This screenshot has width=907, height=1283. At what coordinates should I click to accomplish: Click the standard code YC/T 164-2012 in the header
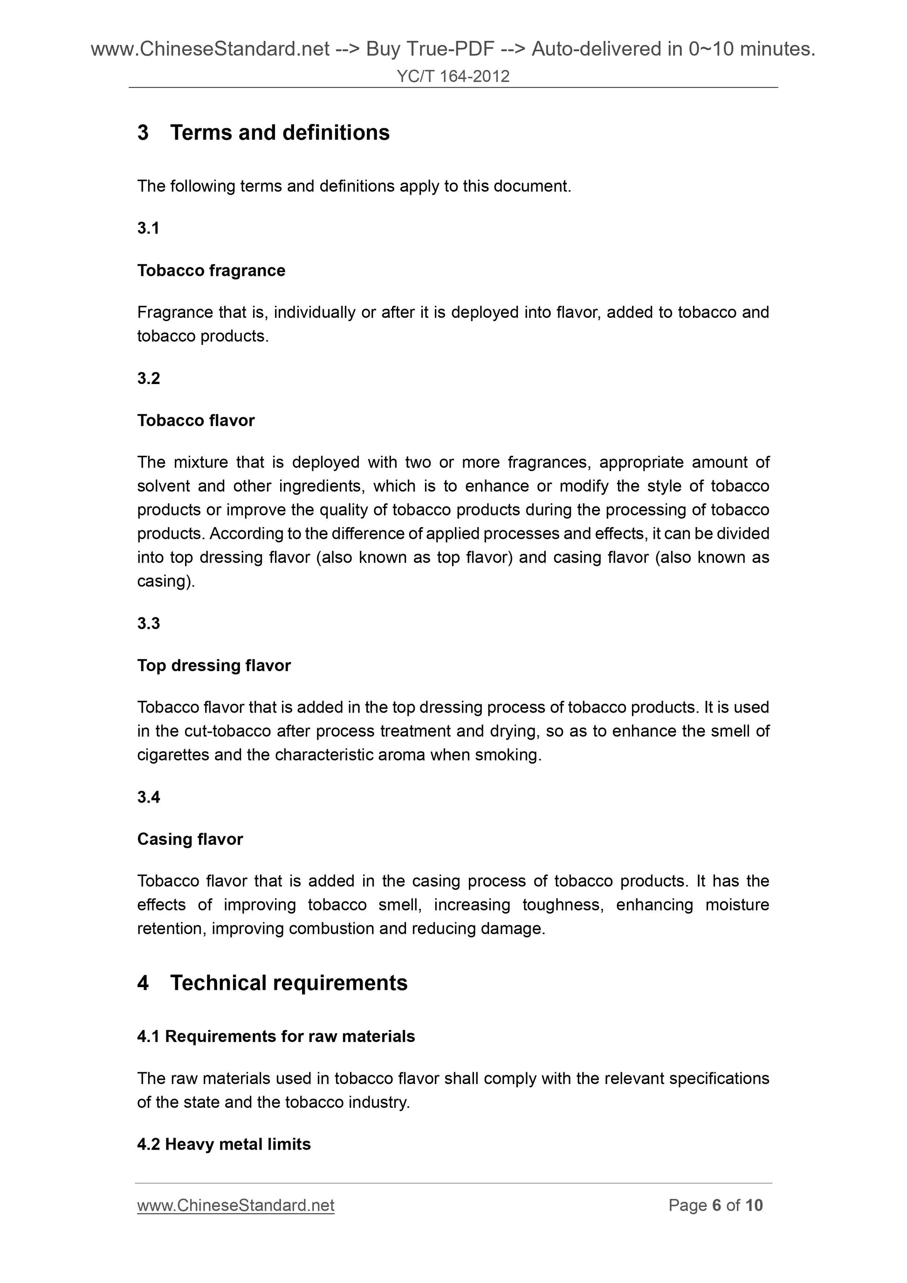453,76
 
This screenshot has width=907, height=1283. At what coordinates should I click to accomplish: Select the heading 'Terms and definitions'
280,132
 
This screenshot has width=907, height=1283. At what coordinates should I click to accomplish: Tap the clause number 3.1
148,228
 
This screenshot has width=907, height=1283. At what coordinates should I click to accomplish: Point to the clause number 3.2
149,378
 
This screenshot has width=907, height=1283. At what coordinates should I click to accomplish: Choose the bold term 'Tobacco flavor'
196,420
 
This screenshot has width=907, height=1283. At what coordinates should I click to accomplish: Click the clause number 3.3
149,623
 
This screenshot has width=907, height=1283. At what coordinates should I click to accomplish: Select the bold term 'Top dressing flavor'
214,666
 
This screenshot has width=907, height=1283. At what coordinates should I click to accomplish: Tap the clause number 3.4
149,797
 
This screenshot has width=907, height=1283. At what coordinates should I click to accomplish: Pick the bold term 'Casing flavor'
190,839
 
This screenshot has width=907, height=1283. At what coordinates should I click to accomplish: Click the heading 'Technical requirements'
289,983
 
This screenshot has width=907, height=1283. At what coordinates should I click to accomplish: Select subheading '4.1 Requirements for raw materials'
276,1036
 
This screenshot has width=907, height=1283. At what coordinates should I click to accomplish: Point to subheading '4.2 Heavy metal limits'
224,1145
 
